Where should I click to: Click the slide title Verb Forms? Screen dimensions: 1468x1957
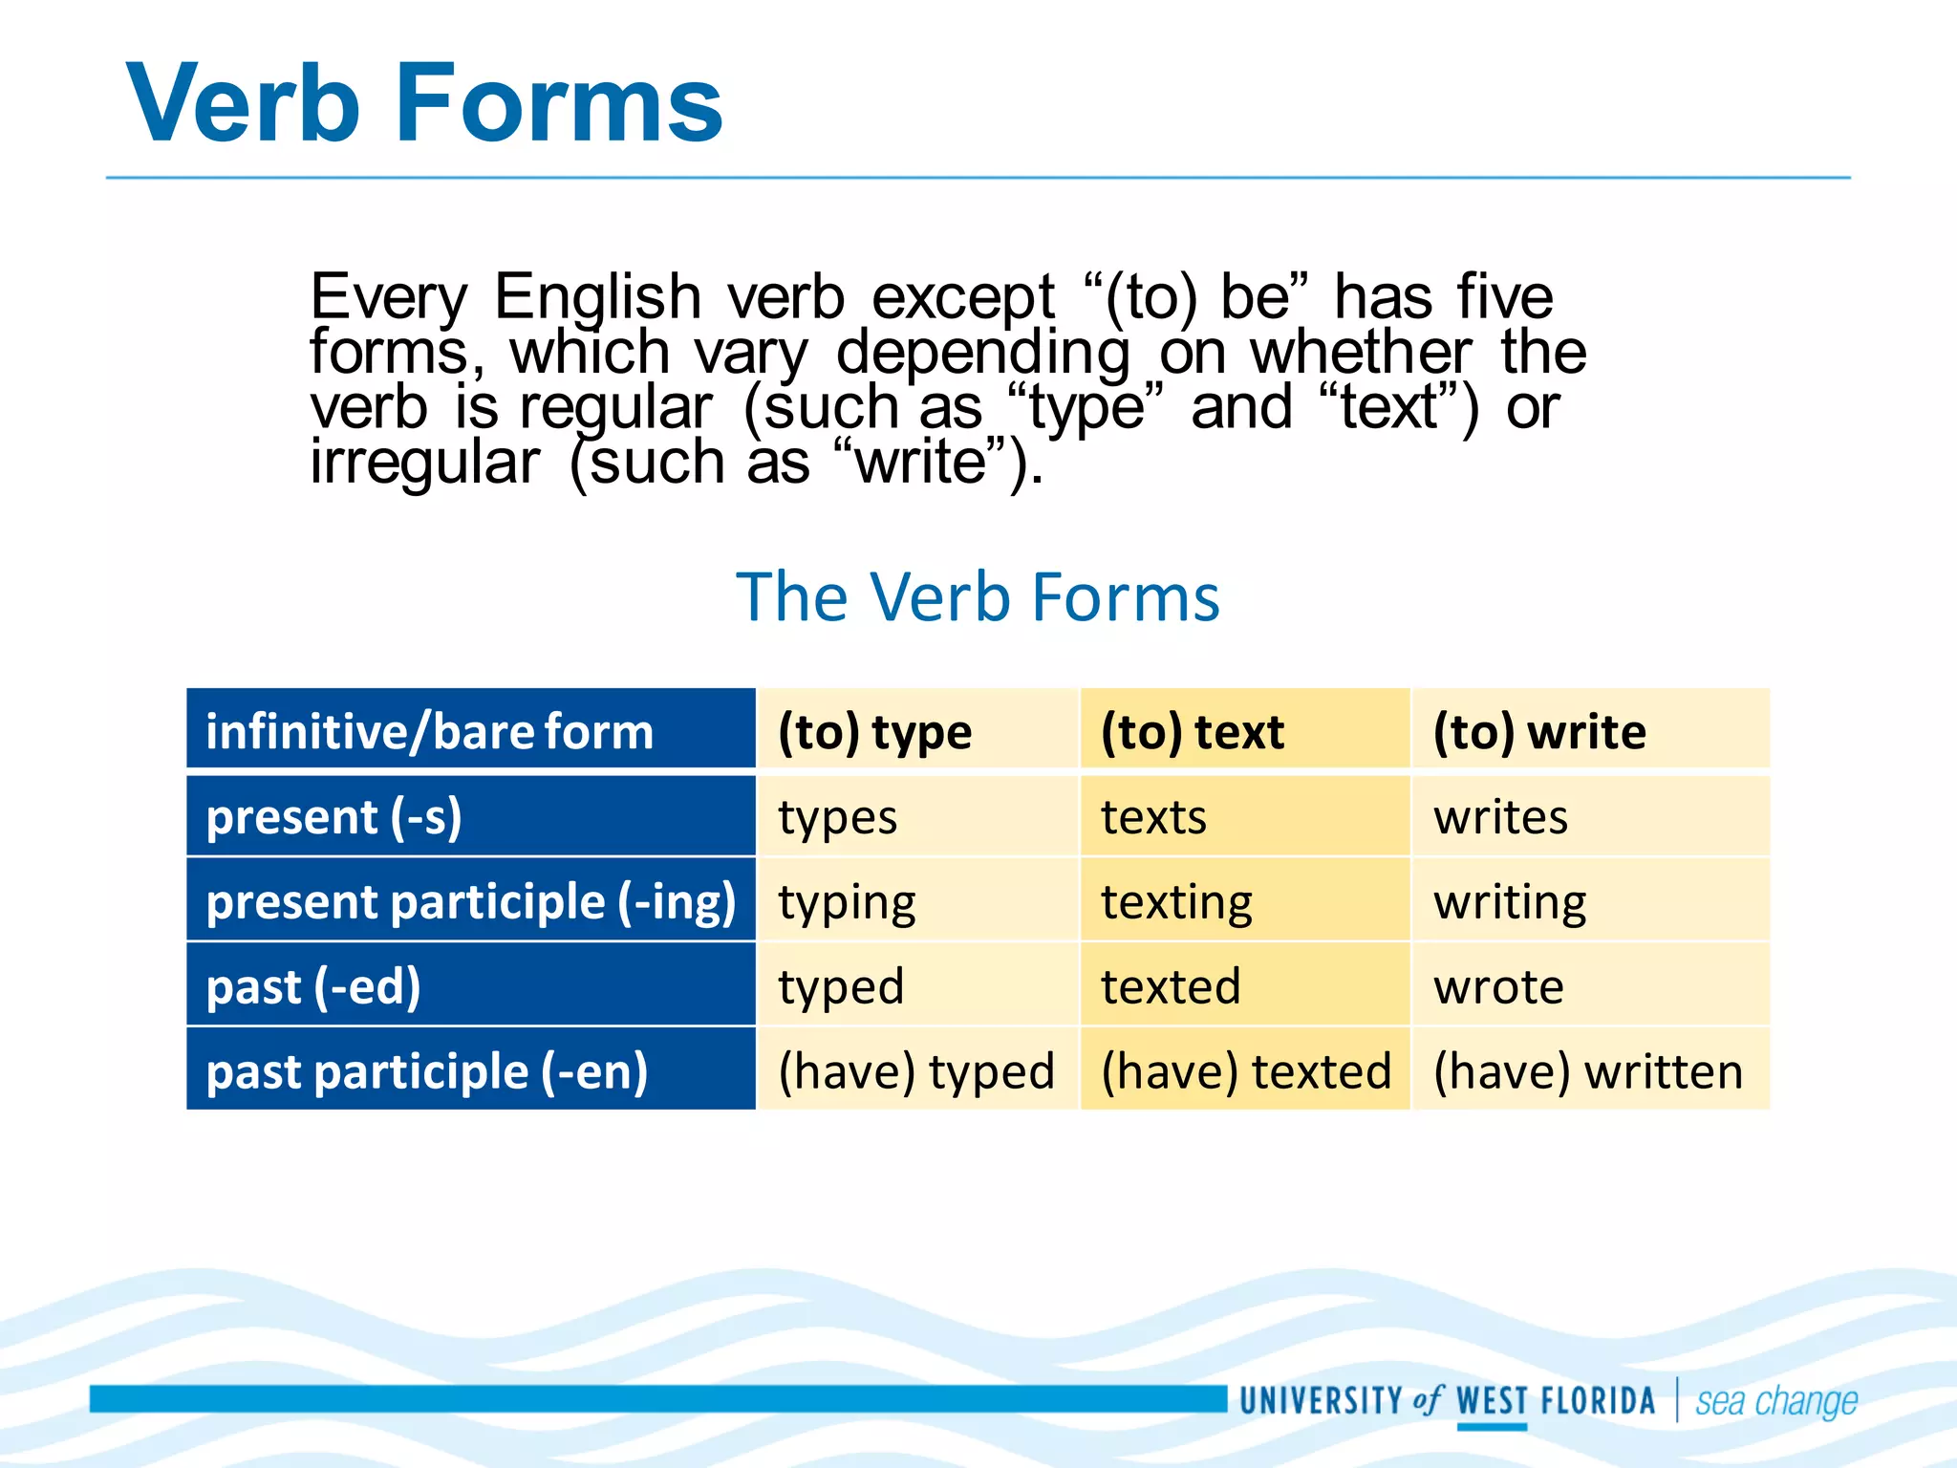424,103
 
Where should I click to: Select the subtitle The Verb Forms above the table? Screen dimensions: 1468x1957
978,596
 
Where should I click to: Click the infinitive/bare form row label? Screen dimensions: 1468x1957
430,732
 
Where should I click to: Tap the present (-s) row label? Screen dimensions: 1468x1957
334,817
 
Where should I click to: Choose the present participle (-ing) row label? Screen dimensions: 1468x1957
471,901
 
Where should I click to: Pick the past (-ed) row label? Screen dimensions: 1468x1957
313,986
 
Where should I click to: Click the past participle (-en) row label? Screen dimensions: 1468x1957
427,1070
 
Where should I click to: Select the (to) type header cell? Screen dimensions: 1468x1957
874,732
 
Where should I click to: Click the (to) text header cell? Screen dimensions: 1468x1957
1192,732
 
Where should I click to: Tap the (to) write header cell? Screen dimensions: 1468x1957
1539,732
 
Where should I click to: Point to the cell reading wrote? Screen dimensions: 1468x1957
1498,986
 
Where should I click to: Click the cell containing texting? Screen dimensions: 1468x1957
1176,901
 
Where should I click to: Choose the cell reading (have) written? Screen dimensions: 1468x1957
1588,1070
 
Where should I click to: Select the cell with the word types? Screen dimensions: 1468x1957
837,817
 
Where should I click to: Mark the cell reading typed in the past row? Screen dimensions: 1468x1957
841,986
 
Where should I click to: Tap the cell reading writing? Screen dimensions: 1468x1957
1510,901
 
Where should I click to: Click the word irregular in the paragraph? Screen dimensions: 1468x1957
425,463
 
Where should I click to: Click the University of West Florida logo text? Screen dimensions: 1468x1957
1447,1401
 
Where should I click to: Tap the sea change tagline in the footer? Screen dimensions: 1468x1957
1776,1401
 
